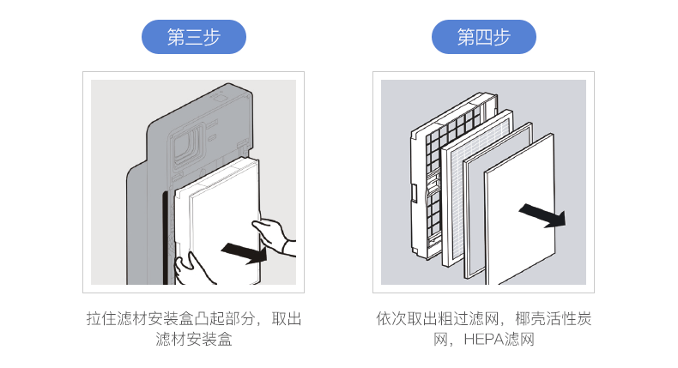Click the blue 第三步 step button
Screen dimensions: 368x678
[x=193, y=38]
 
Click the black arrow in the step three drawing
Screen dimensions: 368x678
[x=244, y=251]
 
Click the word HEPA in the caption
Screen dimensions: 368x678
[x=482, y=341]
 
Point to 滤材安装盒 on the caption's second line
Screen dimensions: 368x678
[x=193, y=341]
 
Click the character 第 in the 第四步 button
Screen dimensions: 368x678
[x=464, y=38]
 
